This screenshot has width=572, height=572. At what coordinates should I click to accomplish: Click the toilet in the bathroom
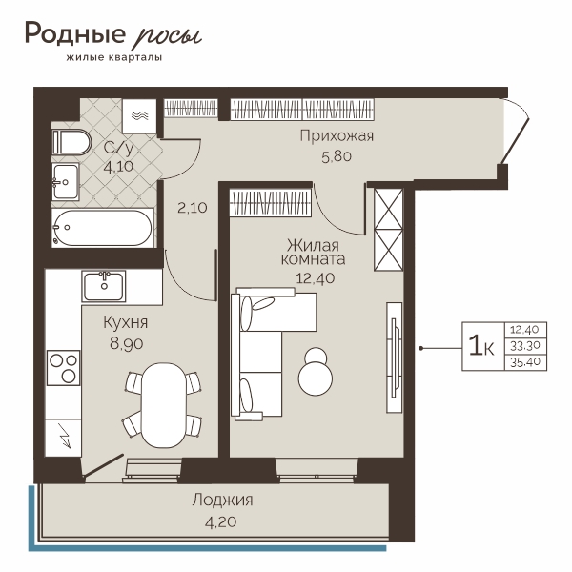tap(71, 141)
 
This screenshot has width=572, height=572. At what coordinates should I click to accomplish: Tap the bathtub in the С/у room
tap(102, 228)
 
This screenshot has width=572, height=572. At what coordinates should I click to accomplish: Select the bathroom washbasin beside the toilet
tap(66, 182)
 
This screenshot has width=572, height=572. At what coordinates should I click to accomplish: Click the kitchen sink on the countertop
tap(104, 286)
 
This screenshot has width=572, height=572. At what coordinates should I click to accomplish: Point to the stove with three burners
tap(64, 368)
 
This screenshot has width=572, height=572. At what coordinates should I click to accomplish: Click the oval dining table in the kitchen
tap(164, 405)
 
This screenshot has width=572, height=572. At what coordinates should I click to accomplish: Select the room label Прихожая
tap(337, 136)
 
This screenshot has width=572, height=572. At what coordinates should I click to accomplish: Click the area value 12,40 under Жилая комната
tap(316, 278)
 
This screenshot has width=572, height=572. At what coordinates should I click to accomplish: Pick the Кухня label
tap(126, 322)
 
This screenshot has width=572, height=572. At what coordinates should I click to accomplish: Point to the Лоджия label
tap(222, 500)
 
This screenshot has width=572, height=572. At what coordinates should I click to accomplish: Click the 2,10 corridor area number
tap(193, 208)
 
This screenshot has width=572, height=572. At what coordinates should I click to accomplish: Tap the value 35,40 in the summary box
tap(524, 362)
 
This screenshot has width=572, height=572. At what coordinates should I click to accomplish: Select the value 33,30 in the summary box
tap(524, 345)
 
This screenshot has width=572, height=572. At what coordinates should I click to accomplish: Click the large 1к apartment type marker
tap(481, 346)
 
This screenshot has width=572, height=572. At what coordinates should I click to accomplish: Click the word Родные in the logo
tap(75, 33)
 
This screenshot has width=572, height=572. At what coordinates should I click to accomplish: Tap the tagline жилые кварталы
tap(114, 57)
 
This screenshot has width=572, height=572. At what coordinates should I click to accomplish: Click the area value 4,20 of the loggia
tap(221, 522)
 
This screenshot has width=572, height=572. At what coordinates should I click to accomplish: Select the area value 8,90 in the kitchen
tap(126, 343)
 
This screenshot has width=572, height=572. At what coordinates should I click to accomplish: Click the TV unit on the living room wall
tap(394, 357)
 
